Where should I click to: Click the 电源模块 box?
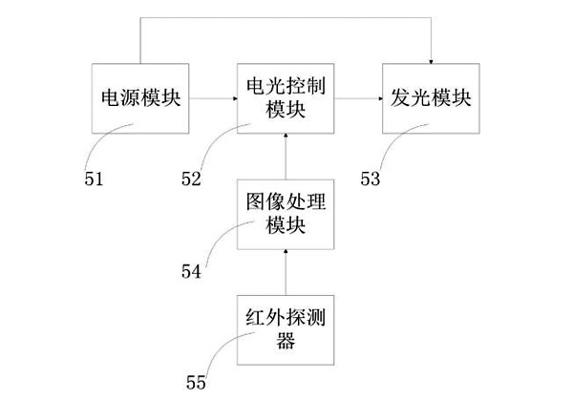pyautogui.click(x=140, y=98)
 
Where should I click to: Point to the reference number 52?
pyautogui.click(x=194, y=178)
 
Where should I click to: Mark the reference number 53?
pyautogui.click(x=372, y=178)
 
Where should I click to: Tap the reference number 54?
pyautogui.click(x=192, y=271)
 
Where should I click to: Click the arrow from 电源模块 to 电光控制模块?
pyautogui.click(x=212, y=98)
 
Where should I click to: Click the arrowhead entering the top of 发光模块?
pyautogui.click(x=430, y=57)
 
